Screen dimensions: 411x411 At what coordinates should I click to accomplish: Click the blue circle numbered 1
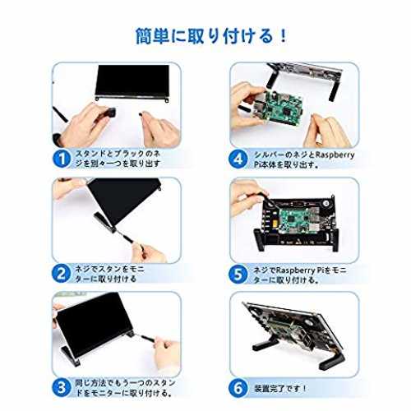62,159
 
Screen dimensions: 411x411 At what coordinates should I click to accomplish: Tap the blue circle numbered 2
61,274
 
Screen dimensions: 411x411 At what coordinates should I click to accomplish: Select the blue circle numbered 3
61,388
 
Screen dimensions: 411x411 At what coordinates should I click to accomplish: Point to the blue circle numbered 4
238,159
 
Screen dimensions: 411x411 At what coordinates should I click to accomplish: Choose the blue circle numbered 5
238,274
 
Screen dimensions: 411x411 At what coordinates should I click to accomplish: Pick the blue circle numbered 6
238,389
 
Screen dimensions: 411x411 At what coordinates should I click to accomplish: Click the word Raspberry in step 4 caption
335,155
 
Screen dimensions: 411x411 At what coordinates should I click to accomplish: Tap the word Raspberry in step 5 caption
295,270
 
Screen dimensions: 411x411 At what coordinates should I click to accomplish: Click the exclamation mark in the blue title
284,36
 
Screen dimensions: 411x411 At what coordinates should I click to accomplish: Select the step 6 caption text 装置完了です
276,389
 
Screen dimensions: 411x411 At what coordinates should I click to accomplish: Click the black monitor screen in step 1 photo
132,81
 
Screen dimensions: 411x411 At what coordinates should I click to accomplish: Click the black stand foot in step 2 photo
105,223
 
